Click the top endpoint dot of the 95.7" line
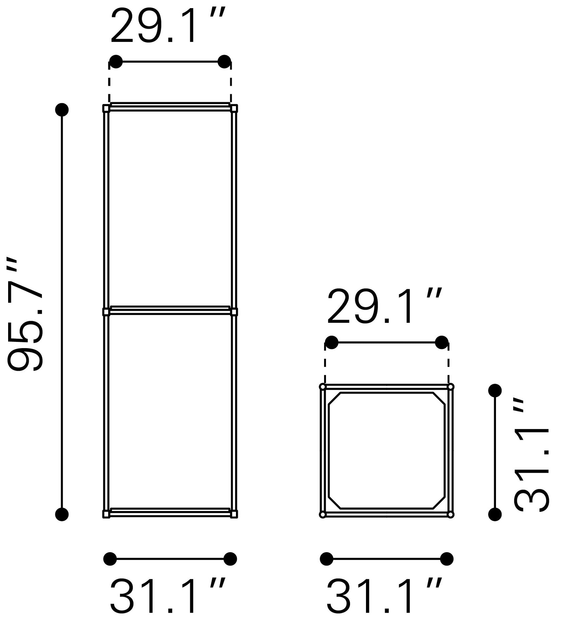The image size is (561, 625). pyautogui.click(x=62, y=110)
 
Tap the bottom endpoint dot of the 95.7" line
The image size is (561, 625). pyautogui.click(x=62, y=514)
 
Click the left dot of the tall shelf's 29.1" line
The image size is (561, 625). pyautogui.click(x=116, y=62)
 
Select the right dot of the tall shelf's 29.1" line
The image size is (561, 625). pyautogui.click(x=224, y=62)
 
